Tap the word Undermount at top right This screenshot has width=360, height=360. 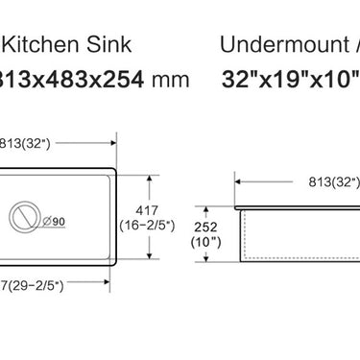tap(283, 44)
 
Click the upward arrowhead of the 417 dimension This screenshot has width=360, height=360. tap(153, 180)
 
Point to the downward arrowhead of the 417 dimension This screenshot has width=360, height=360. tap(153, 256)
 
